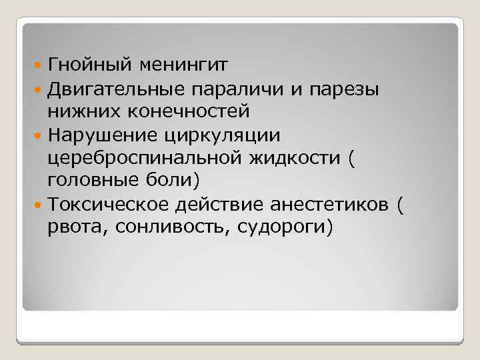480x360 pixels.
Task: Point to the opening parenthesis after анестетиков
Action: (399, 204)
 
